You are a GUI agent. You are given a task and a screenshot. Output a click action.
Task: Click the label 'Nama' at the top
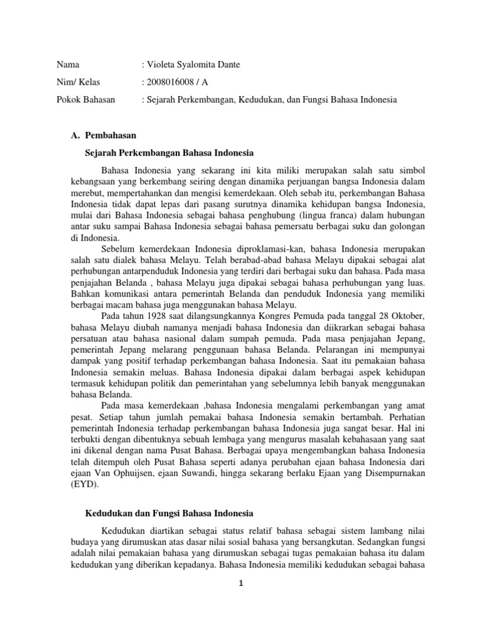pos(68,64)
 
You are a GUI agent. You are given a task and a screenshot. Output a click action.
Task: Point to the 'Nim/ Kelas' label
pos(78,82)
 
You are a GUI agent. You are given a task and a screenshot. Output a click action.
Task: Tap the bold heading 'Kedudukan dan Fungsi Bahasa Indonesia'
pos(168,513)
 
